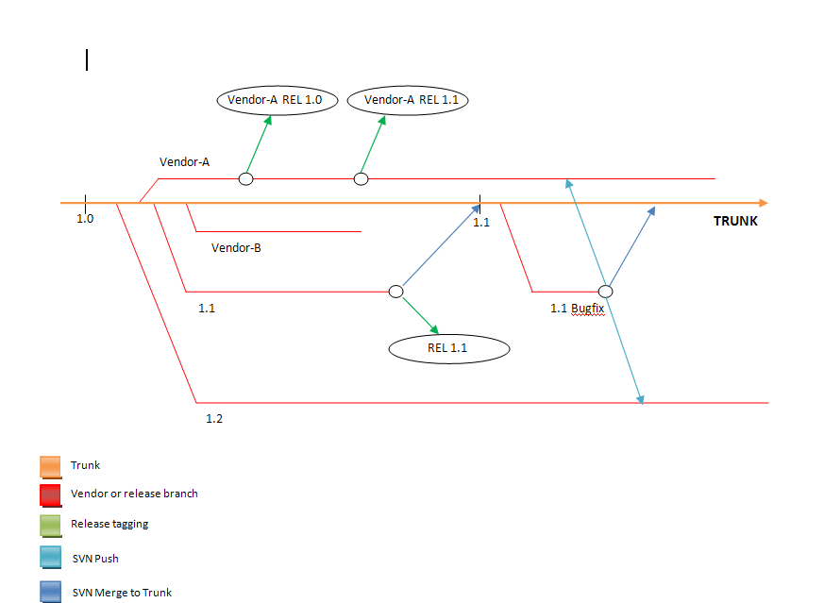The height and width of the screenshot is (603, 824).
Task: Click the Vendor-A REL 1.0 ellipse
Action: pyautogui.click(x=276, y=100)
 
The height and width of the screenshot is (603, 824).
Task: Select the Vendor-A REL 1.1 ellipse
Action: pyautogui.click(x=409, y=100)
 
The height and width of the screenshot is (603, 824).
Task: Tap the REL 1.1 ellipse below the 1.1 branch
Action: pyautogui.click(x=448, y=348)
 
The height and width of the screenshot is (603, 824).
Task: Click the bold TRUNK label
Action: pyautogui.click(x=735, y=222)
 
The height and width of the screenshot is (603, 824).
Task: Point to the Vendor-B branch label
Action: pyautogui.click(x=236, y=248)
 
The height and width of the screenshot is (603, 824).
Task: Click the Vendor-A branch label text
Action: pyautogui.click(x=184, y=162)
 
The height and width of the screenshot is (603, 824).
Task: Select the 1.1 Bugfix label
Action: pyautogui.click(x=577, y=308)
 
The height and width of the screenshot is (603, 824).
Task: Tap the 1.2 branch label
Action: pyautogui.click(x=214, y=418)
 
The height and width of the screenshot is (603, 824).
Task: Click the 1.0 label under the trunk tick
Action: pyautogui.click(x=85, y=219)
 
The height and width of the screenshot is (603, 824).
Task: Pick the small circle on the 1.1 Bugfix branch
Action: pyautogui.click(x=606, y=292)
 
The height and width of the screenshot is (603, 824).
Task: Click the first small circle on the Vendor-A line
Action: pyautogui.click(x=245, y=179)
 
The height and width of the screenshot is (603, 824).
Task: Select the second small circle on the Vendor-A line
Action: pyautogui.click(x=361, y=179)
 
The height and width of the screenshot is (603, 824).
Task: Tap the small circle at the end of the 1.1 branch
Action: pyautogui.click(x=396, y=292)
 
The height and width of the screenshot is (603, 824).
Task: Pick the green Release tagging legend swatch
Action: pyautogui.click(x=50, y=525)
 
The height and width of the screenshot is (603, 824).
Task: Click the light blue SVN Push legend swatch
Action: pyautogui.click(x=50, y=558)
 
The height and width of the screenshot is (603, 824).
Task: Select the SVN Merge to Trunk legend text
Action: pyautogui.click(x=122, y=593)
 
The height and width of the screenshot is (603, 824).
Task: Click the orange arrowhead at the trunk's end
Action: pyautogui.click(x=763, y=203)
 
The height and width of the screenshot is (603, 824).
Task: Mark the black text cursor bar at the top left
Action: pyautogui.click(x=87, y=60)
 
